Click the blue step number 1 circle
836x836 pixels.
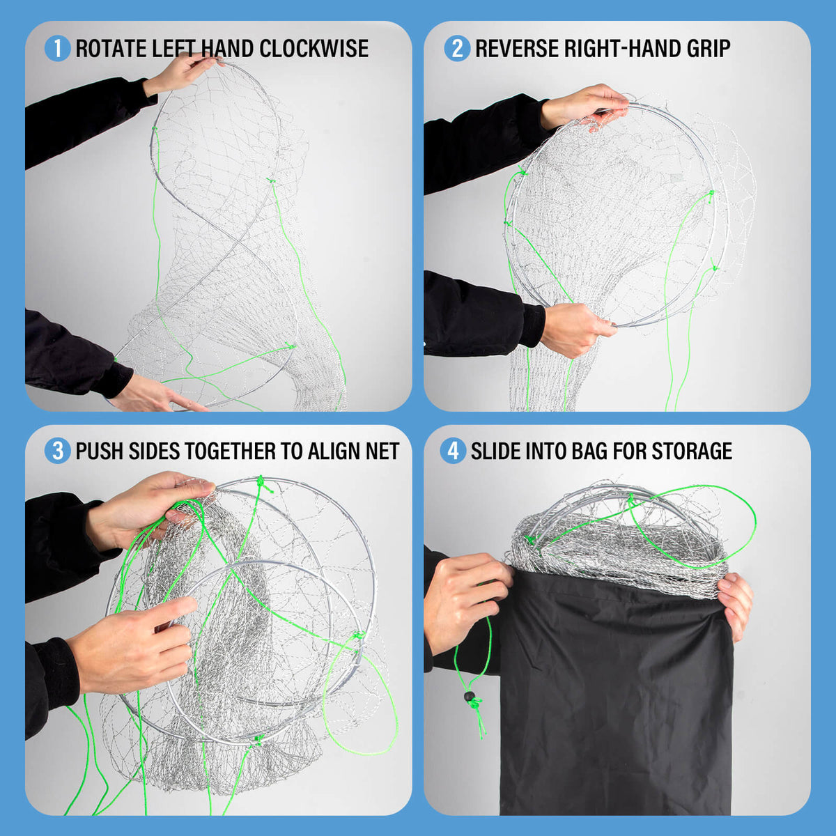click(57, 48)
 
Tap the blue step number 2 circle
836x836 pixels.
click(457, 48)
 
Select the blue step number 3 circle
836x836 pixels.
click(57, 451)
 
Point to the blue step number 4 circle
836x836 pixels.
click(453, 451)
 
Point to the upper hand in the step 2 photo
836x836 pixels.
click(584, 107)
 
